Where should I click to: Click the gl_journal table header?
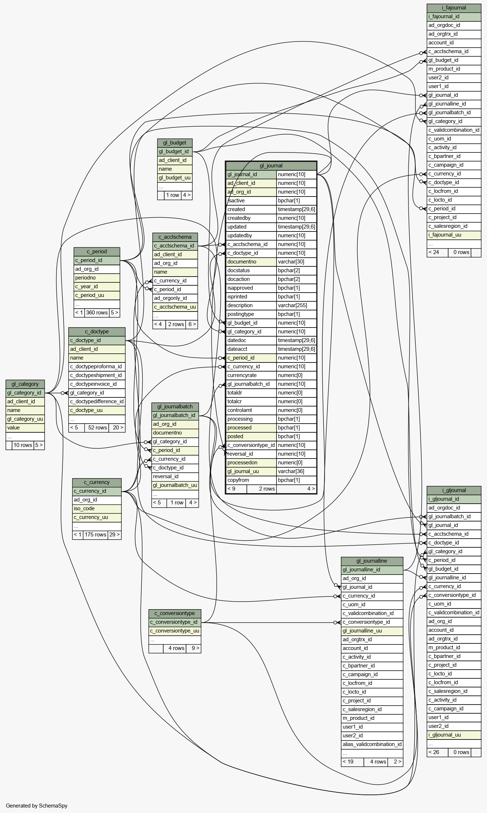click(x=271, y=166)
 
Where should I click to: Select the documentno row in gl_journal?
click(x=271, y=262)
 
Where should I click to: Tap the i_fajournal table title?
click(x=454, y=8)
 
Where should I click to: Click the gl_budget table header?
click(x=174, y=143)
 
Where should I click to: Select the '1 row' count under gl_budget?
click(x=173, y=195)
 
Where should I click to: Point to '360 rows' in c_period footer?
click(x=97, y=313)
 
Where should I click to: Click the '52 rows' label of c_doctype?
click(x=97, y=428)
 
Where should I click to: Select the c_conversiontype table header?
click(x=174, y=613)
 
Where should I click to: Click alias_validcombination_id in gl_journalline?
click(x=372, y=744)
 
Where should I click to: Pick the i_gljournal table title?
click(x=454, y=490)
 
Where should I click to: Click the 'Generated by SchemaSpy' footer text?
click(x=37, y=806)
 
